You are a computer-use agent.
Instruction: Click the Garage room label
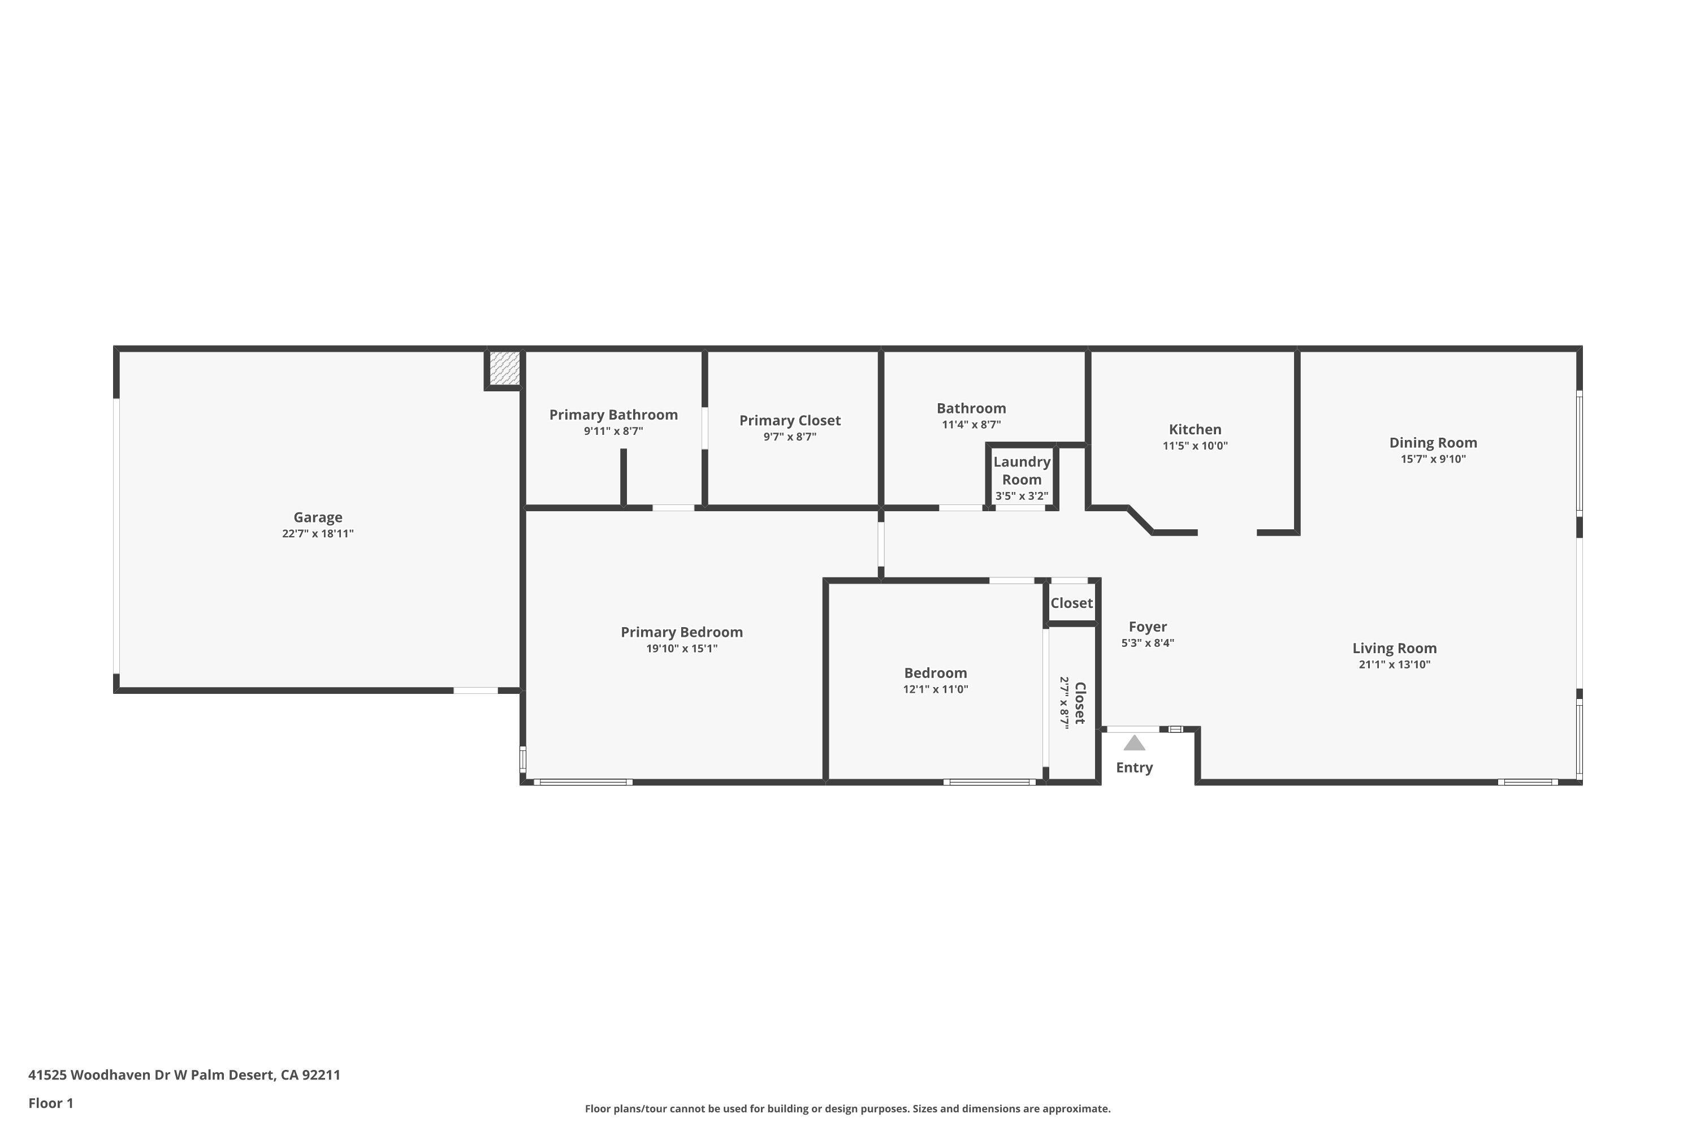click(317, 517)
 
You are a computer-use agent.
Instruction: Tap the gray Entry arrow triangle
click(1134, 743)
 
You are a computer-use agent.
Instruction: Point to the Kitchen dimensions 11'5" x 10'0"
click(1195, 446)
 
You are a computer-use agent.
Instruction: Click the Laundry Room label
click(1022, 470)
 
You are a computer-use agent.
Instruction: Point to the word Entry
click(1134, 767)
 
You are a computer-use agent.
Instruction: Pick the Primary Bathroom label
click(613, 415)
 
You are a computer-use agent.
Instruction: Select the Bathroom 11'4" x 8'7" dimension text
click(971, 425)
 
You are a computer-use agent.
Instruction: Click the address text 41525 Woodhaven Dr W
click(107, 1075)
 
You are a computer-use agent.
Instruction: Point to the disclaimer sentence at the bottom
click(847, 1108)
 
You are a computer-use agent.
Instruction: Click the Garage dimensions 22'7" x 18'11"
click(317, 534)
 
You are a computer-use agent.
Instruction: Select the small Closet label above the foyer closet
click(1071, 603)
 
